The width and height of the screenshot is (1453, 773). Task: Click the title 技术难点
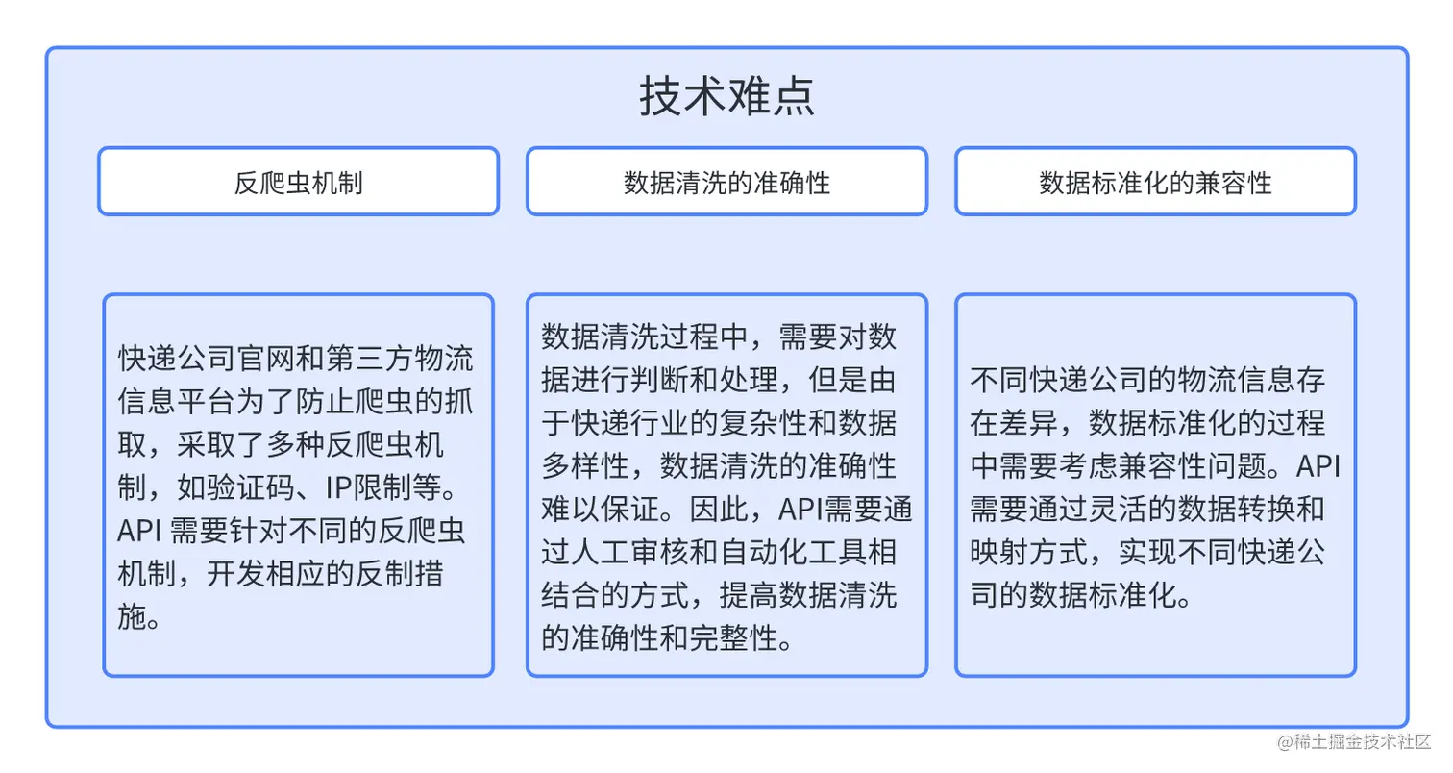pyautogui.click(x=726, y=96)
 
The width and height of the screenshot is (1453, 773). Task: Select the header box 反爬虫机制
pyautogui.click(x=298, y=181)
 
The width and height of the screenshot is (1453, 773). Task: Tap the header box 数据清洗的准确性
pyautogui.click(x=726, y=181)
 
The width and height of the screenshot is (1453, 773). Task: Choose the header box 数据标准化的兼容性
pyautogui.click(x=1155, y=181)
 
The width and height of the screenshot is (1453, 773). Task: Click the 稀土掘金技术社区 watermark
pyautogui.click(x=1354, y=742)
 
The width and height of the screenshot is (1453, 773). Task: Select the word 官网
pyautogui.click(x=265, y=359)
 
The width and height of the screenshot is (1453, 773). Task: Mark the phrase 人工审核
pyautogui.click(x=629, y=552)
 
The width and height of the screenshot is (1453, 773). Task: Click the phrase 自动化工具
pyautogui.click(x=793, y=552)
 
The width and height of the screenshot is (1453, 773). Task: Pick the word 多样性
pyautogui.click(x=585, y=466)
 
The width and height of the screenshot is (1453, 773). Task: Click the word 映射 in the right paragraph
pyautogui.click(x=999, y=552)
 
